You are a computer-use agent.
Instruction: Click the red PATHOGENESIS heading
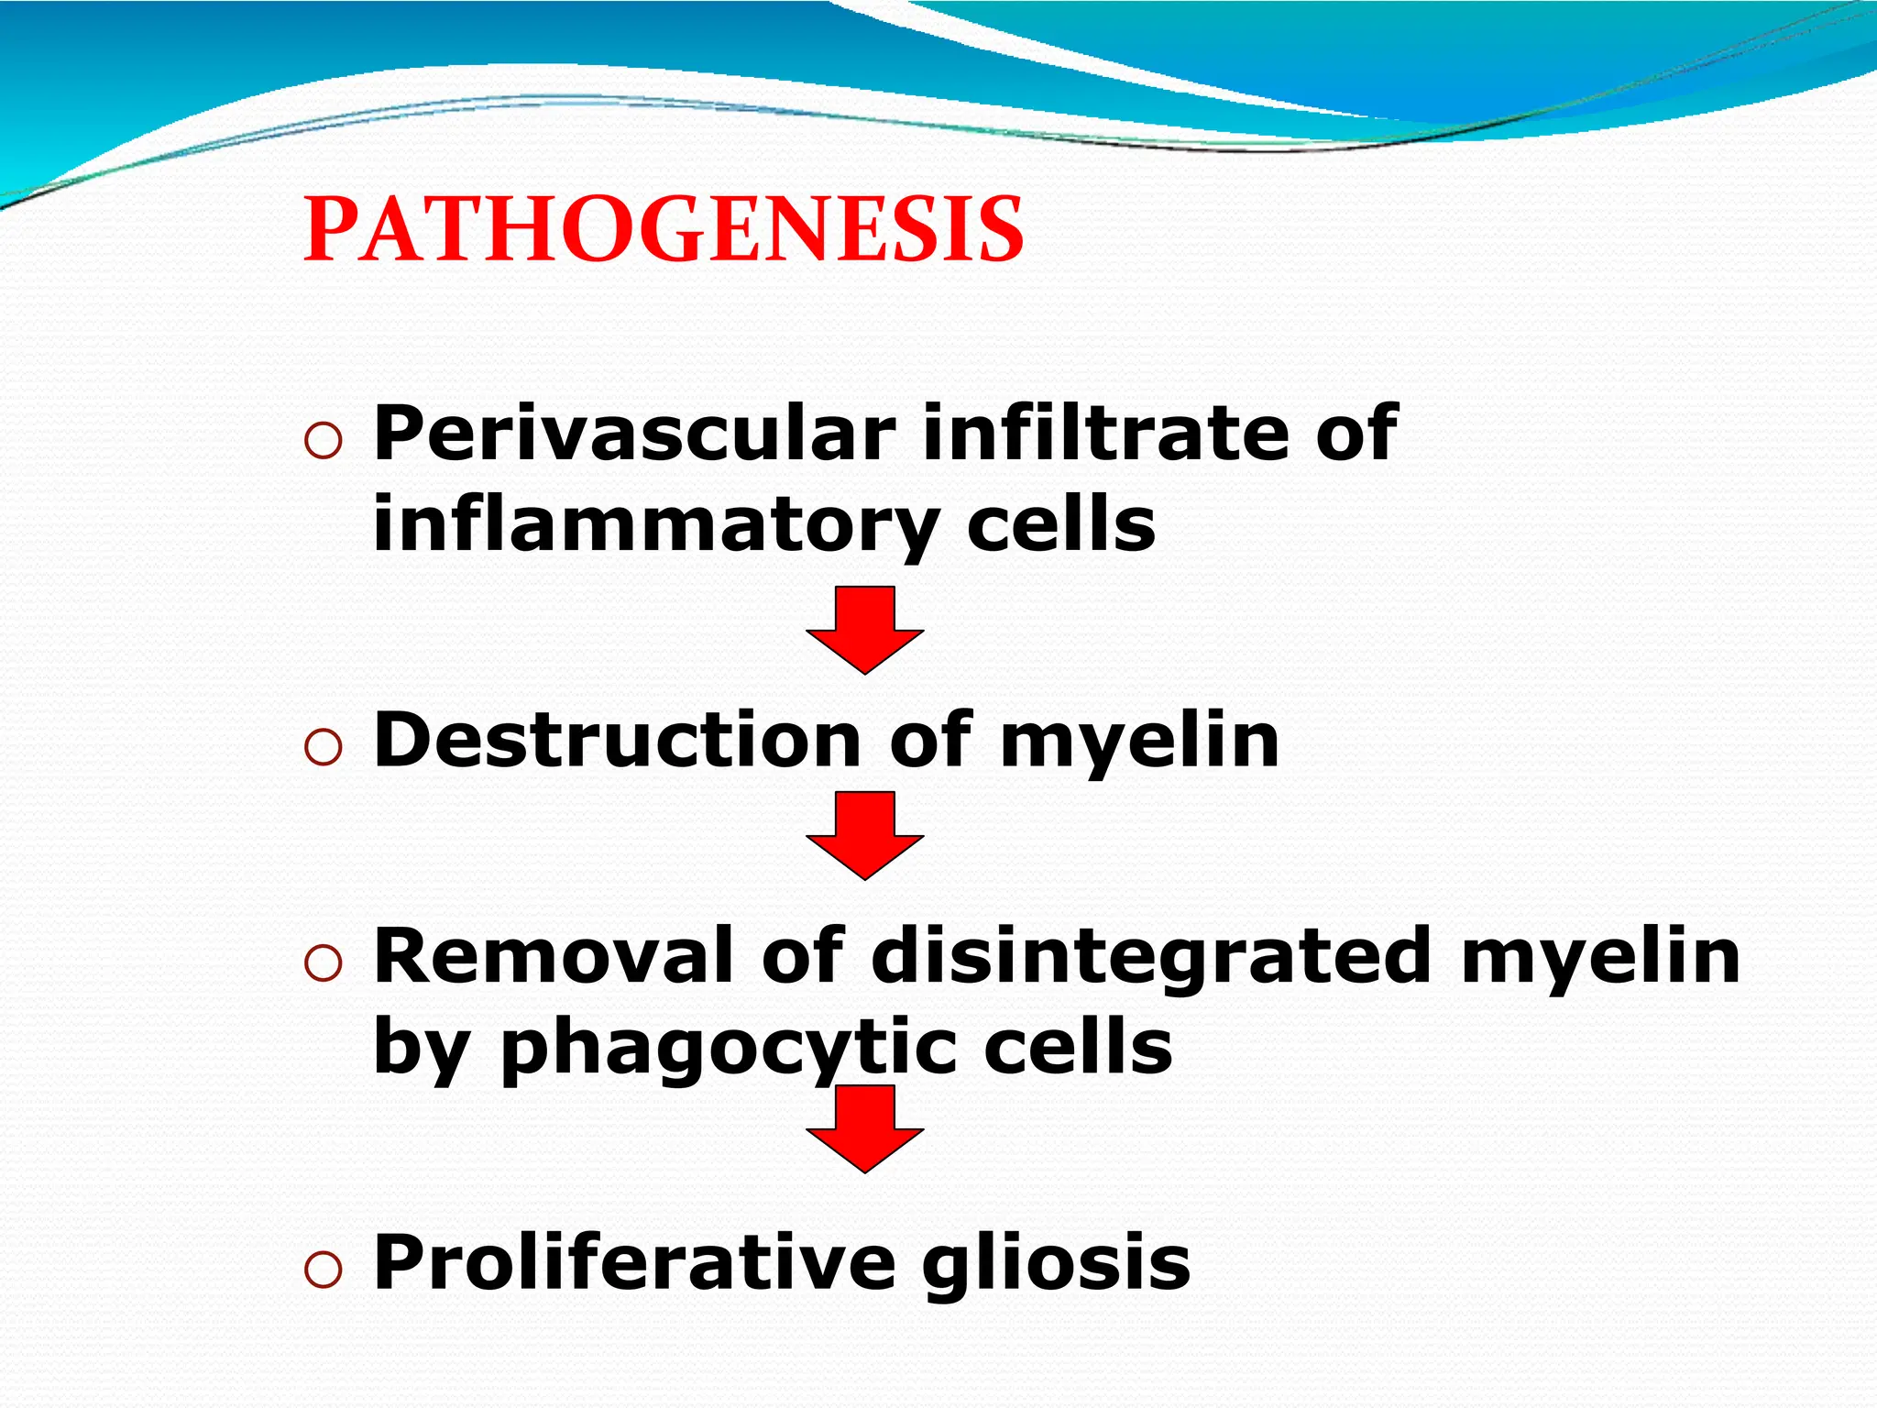(x=664, y=230)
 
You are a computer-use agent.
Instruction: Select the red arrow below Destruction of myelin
(x=865, y=834)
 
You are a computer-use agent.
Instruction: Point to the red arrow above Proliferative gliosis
(x=865, y=1127)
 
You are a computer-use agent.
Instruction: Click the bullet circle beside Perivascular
(x=323, y=442)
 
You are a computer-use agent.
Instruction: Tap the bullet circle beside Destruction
(x=323, y=748)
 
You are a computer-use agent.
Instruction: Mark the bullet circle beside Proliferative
(x=323, y=1270)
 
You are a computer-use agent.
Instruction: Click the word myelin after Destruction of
(x=1139, y=741)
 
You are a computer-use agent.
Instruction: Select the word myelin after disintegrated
(x=1599, y=957)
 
